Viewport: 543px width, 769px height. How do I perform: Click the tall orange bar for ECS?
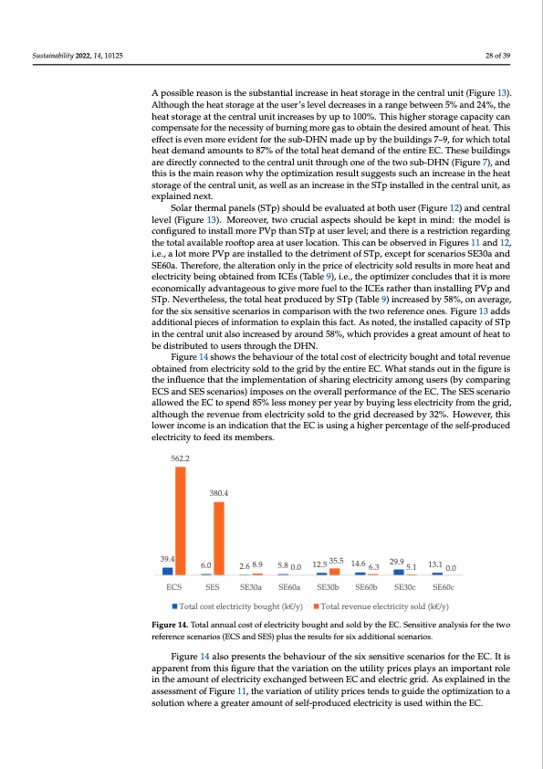coord(181,521)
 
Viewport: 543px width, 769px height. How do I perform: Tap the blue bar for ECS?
coord(168,571)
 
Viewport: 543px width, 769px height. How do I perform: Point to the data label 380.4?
coord(219,493)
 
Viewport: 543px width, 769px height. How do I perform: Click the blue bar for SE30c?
coord(399,572)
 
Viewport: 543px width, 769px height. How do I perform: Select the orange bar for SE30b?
coord(334,572)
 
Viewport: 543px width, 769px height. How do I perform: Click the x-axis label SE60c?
coord(444,587)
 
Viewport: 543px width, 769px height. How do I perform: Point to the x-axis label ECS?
coord(173,587)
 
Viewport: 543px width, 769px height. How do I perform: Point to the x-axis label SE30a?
coord(251,587)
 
